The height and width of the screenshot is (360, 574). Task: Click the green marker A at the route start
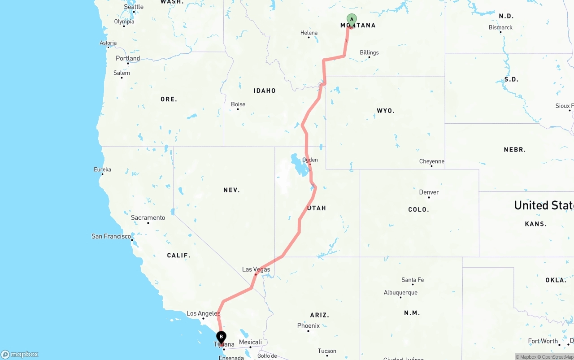352,19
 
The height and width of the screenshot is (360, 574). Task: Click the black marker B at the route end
221,337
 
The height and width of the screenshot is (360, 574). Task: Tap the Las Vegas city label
256,269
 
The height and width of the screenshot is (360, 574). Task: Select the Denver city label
429,192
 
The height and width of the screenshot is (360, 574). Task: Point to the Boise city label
238,104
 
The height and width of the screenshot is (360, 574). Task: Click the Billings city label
369,52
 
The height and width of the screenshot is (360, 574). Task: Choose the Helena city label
309,33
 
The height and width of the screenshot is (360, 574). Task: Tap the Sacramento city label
148,218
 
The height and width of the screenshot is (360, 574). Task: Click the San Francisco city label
111,236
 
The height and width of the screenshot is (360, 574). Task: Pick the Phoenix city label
309,325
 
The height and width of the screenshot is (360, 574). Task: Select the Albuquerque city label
400,293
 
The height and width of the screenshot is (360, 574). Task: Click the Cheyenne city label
431,161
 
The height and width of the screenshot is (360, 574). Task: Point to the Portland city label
128,58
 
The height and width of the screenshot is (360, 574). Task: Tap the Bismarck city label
500,27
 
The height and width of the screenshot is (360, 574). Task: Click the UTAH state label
317,208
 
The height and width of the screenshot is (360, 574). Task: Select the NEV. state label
231,190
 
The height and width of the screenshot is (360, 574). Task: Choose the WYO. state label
386,110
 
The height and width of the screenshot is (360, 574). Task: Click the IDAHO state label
265,91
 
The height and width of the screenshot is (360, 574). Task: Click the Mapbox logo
20,355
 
